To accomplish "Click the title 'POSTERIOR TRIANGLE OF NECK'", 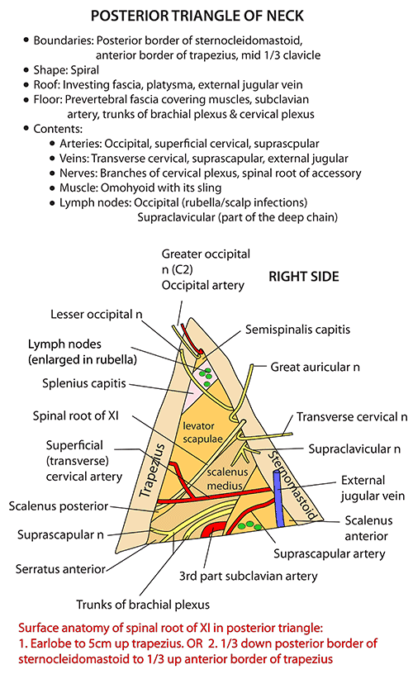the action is pos(197,16).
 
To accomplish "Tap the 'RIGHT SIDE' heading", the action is pos(304,277).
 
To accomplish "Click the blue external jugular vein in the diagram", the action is pos(279,499).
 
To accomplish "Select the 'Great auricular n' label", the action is pos(315,367).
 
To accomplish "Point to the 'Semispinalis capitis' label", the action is pos(297,330).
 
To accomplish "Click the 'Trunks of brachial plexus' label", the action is pos(143,605).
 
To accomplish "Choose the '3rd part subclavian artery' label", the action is pos(249,576).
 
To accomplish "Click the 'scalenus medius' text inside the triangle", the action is pos(227,479).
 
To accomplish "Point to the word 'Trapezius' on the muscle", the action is pos(152,470).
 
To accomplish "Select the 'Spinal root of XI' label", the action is pos(76,416).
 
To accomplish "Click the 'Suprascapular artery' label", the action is pos(330,554).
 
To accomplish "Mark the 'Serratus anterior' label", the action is pos(60,569).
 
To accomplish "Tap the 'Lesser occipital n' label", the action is pos(97,315).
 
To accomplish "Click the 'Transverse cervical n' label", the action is pos(352,417).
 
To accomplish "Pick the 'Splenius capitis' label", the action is pos(83,383).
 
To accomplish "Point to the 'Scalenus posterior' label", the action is pos(59,506).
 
